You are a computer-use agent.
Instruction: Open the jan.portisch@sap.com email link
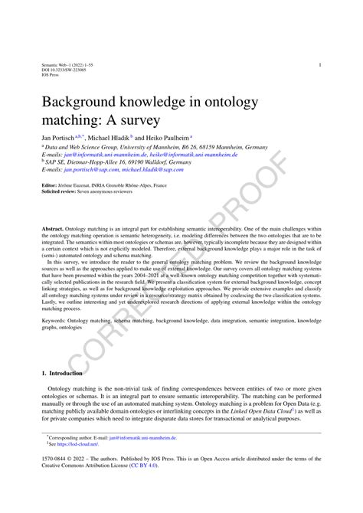tap(90, 169)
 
